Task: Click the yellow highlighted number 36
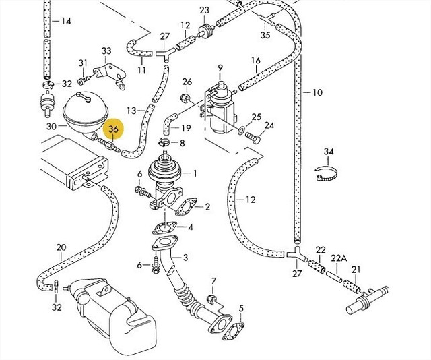112,129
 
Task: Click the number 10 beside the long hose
317,92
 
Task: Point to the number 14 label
65,21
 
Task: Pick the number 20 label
61,247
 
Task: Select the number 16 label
255,61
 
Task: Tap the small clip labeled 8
163,143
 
